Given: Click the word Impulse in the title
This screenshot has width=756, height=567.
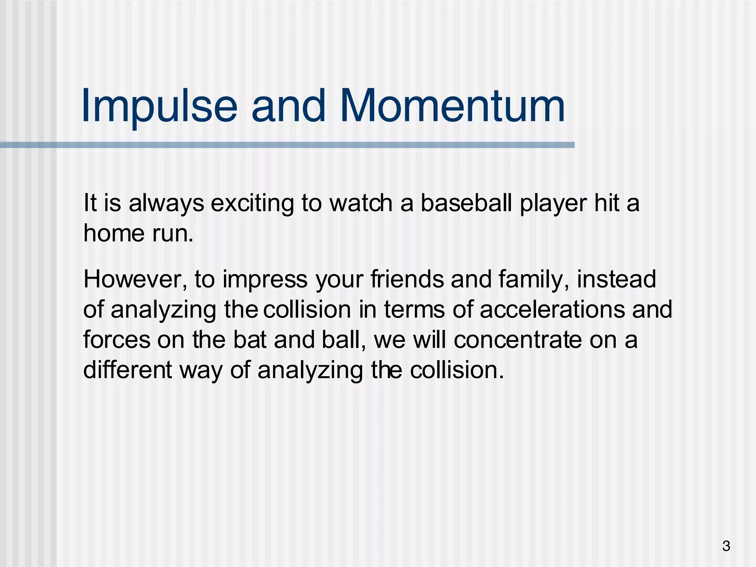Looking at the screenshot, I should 159,106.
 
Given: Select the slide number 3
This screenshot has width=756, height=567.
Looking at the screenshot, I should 726,546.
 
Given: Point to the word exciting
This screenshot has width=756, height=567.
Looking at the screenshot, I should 252,204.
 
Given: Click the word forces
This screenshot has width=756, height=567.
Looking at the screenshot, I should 117,340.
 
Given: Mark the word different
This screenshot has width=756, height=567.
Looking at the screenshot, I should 127,370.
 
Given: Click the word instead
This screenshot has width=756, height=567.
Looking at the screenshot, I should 616,279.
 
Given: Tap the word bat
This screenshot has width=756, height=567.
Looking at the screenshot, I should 250,340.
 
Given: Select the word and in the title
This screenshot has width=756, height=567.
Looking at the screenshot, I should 288,106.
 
